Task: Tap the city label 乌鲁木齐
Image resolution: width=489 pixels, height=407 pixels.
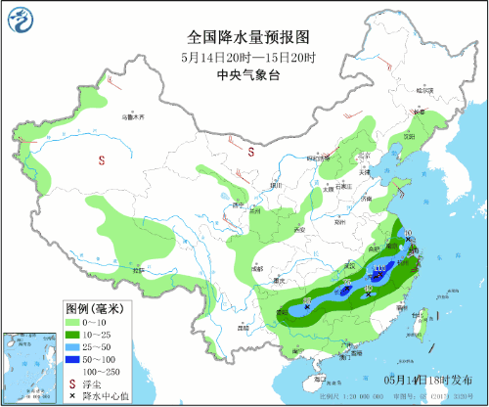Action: coord(132,116)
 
